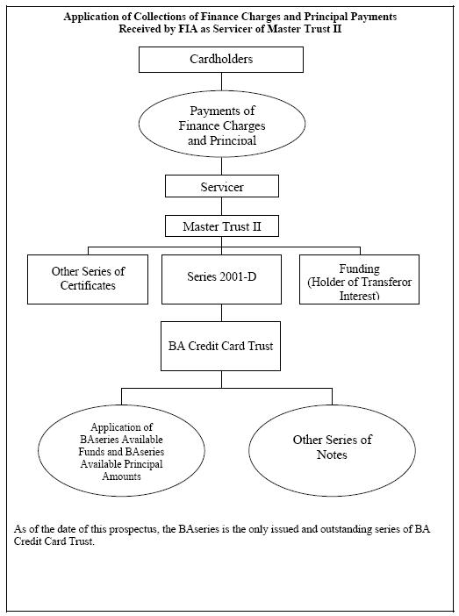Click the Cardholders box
221,60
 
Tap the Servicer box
222,186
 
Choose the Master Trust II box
222,226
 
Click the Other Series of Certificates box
88,279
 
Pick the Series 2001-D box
221,279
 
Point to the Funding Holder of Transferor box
359,279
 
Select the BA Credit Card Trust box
220,346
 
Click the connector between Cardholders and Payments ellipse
221,82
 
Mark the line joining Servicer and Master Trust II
221,206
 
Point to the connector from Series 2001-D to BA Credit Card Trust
221,312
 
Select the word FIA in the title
189,29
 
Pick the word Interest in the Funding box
359,296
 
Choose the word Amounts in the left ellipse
121,476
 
